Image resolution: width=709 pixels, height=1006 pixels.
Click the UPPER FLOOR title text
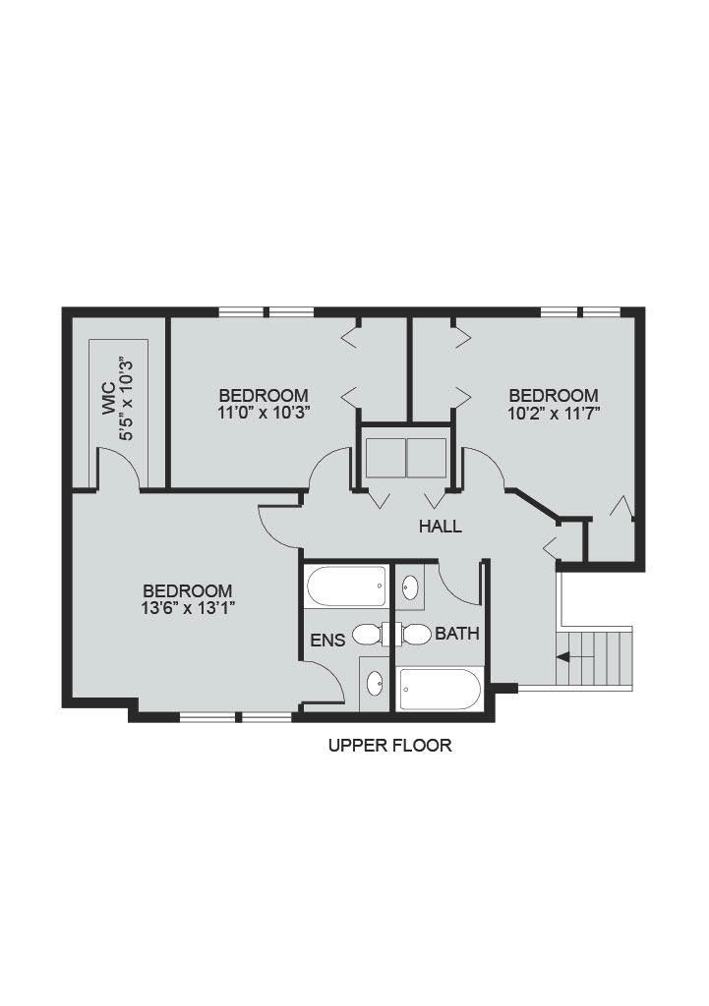click(x=389, y=746)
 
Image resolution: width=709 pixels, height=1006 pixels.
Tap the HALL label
click(x=440, y=527)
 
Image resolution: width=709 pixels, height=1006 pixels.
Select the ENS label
click(x=327, y=641)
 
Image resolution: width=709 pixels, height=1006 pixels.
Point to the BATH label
click(x=457, y=634)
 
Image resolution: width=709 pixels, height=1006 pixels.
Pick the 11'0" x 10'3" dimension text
click(x=264, y=413)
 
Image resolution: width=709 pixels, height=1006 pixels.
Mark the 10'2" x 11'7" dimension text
click(x=554, y=413)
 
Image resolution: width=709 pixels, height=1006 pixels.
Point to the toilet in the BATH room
click(x=416, y=634)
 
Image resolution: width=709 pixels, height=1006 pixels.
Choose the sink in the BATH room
click(x=410, y=587)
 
